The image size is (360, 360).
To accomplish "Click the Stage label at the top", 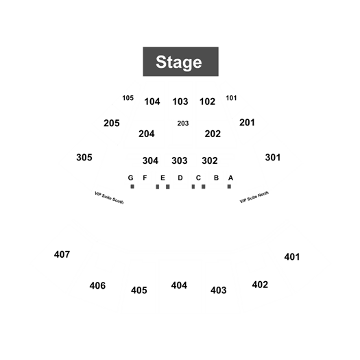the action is (179, 62).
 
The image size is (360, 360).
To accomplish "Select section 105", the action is (128, 98).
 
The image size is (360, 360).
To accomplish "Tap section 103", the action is (180, 101).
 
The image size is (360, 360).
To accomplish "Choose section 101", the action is (231, 98).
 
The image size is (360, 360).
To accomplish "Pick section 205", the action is (112, 123).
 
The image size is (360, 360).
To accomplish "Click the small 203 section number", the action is (183, 123).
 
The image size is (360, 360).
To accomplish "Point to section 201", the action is (247, 123).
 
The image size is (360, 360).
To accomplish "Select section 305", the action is (84, 158).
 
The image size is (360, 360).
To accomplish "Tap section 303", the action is (180, 160).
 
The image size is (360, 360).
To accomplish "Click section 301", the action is (273, 158).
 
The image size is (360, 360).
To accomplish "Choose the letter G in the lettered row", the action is (131, 178).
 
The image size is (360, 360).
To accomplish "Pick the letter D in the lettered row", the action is (180, 178).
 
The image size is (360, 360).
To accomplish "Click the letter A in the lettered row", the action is (230, 178).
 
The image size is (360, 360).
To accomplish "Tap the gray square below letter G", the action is (132, 187).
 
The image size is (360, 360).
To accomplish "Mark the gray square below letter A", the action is (229, 187).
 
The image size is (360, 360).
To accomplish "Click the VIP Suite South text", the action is (109, 197).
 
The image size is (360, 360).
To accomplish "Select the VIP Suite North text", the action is (254, 197).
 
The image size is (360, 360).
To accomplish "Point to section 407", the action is (62, 254).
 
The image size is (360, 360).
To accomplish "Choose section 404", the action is (179, 285).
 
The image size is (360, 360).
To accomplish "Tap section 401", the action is (292, 257).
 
